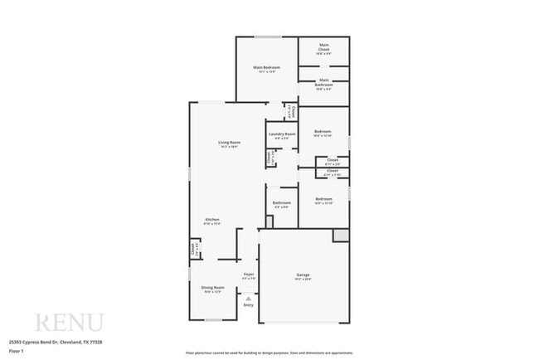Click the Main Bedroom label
266,67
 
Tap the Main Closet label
323,46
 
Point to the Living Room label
229,143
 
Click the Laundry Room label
281,134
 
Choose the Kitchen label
212,220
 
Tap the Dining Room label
212,287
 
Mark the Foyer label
248,274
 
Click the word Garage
303,275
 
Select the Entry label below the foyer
248,305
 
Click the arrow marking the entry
248,296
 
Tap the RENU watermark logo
68,323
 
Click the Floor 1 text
17,352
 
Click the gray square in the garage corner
341,236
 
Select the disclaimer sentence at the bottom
269,353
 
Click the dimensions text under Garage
303,280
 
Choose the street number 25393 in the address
16,341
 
